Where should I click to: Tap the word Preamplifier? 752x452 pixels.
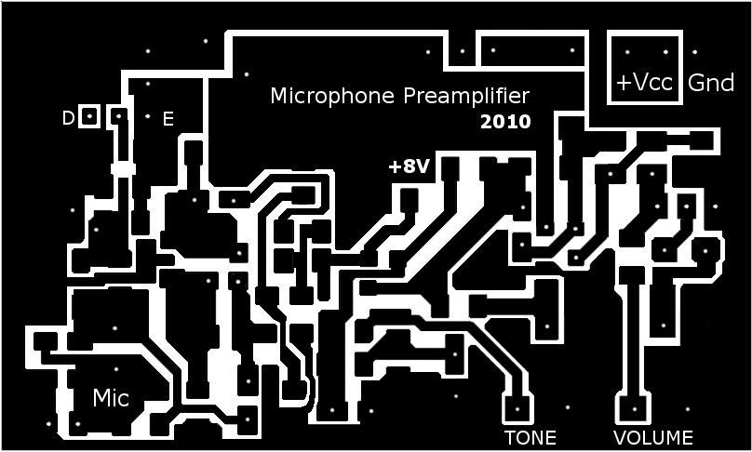(x=465, y=96)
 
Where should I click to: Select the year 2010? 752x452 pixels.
(x=505, y=121)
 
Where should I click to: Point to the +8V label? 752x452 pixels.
(x=409, y=166)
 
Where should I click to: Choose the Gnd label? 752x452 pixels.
(x=711, y=83)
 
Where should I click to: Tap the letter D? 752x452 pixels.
(x=67, y=118)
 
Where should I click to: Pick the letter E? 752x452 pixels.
(x=168, y=119)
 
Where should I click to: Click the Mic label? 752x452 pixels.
(x=111, y=398)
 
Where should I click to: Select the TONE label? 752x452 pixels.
(x=530, y=437)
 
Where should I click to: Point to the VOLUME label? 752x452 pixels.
(x=652, y=437)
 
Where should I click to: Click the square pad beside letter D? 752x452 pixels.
(x=89, y=116)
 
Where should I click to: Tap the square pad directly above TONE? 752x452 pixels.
(x=517, y=406)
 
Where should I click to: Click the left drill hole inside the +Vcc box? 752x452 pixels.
(x=627, y=52)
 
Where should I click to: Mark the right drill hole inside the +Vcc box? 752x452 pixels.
(x=665, y=52)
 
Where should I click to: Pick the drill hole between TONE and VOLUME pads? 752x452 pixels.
(x=569, y=406)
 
